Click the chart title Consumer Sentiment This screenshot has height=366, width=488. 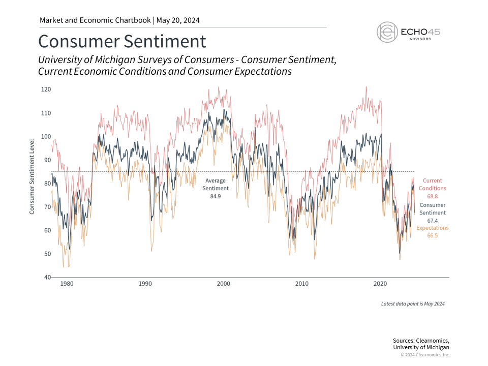[x=122, y=41]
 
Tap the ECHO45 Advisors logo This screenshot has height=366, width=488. [x=408, y=32]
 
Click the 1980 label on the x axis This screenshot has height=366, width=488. [x=67, y=284]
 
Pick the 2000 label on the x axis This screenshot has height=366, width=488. [x=223, y=284]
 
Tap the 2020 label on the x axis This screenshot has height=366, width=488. [x=380, y=284]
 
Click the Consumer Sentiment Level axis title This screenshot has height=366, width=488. [x=32, y=176]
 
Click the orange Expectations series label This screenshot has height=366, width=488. [x=433, y=228]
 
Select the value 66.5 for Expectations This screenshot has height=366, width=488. [x=433, y=236]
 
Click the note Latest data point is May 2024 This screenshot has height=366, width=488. [x=413, y=303]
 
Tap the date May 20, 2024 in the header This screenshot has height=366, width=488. [x=178, y=20]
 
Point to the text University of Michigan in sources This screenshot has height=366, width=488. [x=421, y=347]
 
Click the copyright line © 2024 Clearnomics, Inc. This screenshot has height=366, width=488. [x=425, y=355]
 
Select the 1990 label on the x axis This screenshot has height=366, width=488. [x=145, y=284]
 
